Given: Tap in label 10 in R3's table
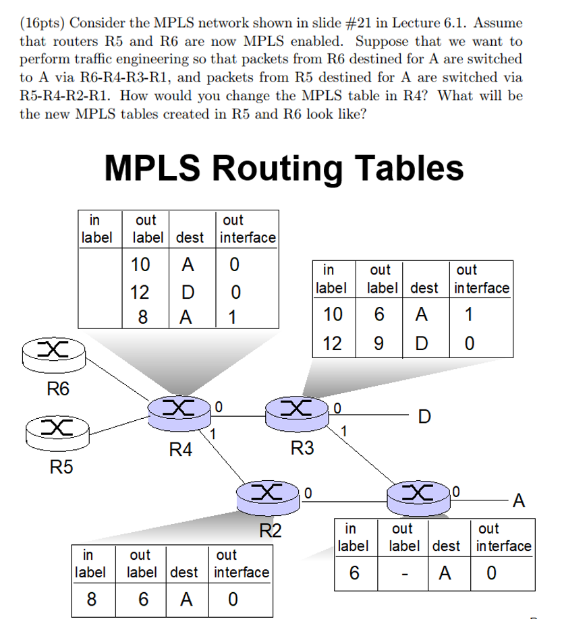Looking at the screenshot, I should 333,315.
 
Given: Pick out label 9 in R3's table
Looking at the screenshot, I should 380,343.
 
